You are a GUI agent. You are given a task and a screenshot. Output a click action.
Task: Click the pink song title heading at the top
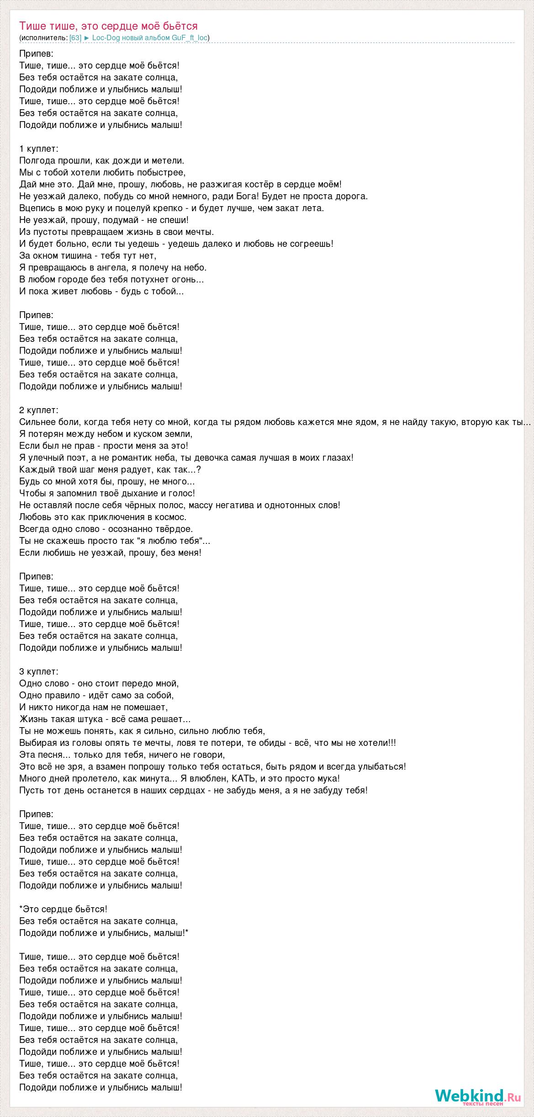coord(108,26)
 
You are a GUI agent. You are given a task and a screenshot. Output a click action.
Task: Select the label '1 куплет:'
coord(39,149)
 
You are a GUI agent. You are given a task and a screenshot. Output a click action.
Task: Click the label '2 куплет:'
coord(39,410)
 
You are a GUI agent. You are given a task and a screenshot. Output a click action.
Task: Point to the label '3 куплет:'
coord(39,672)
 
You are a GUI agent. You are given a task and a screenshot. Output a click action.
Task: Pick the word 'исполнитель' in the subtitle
coord(43,38)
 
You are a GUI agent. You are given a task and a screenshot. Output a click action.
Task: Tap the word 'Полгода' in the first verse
coord(37,161)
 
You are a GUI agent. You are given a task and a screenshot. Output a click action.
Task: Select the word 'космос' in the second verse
coord(171,517)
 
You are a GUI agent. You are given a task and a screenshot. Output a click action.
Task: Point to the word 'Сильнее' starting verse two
coord(36,422)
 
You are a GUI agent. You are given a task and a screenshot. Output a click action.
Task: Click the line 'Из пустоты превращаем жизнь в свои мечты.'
coord(116,232)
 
